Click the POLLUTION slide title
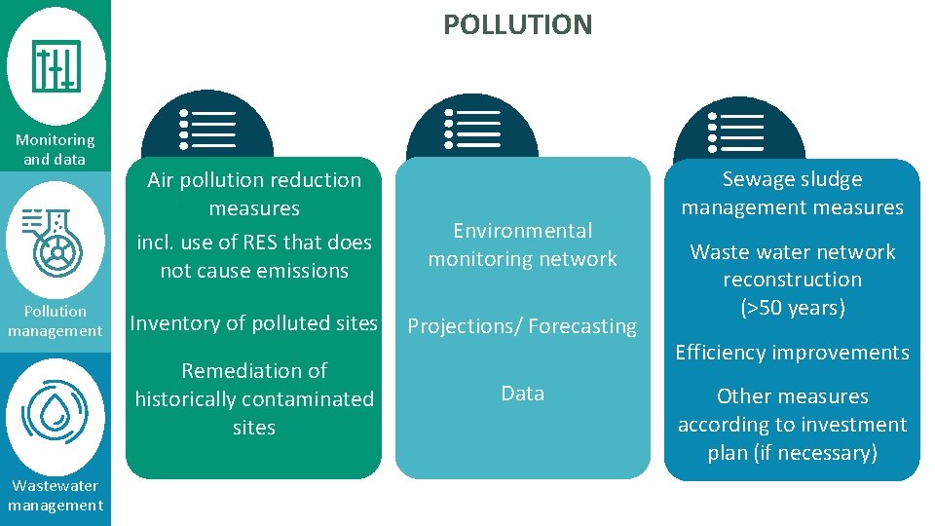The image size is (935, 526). click(517, 24)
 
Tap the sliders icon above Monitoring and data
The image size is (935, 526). click(56, 66)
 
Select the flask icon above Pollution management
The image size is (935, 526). click(56, 241)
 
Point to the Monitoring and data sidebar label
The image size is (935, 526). click(56, 149)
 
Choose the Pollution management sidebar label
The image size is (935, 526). click(56, 320)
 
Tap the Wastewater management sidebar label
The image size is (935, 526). click(56, 495)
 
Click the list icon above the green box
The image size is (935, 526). click(207, 130)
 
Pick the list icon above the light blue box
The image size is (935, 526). click(472, 130)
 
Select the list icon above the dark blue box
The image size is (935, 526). click(738, 131)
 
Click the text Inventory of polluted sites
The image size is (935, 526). click(253, 322)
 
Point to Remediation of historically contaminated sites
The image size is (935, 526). click(254, 398)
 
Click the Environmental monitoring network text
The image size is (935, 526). click(522, 244)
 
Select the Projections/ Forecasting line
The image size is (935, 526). click(522, 326)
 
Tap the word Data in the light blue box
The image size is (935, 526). click(522, 394)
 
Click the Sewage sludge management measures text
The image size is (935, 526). click(792, 193)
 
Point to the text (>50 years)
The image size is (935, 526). click(792, 308)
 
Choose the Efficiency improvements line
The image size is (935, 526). click(792, 353)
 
